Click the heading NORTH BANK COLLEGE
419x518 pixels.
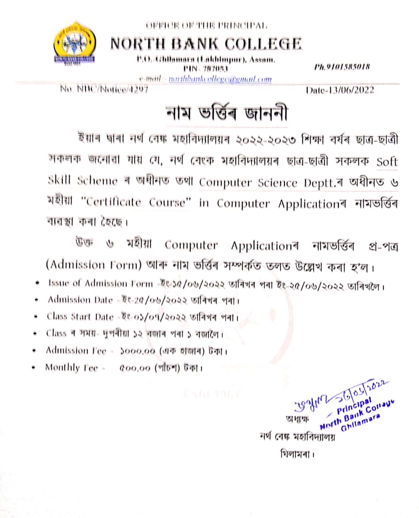point(206,44)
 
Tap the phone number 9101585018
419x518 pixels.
point(342,67)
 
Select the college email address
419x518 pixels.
point(220,79)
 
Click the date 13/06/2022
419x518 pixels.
point(340,90)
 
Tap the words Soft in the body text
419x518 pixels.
point(387,161)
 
